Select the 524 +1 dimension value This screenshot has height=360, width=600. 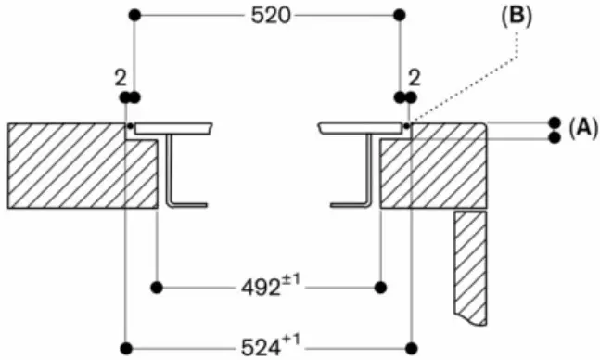pyautogui.click(x=269, y=348)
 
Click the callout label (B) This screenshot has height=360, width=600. pyautogui.click(x=516, y=17)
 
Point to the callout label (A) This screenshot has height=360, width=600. pyautogui.click(x=582, y=129)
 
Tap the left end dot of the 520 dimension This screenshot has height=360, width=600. pyautogui.click(x=134, y=16)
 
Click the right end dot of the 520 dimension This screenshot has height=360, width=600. pyautogui.click(x=399, y=16)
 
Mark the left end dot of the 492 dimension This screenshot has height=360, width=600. pyautogui.click(x=158, y=285)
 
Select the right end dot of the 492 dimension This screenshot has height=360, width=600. pyautogui.click(x=378, y=285)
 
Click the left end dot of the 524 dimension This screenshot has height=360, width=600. pyautogui.click(x=124, y=349)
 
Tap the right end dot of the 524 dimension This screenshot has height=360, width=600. pyautogui.click(x=409, y=349)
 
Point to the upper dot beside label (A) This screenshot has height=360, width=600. pyautogui.click(x=555, y=122)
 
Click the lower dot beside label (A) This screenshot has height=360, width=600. pyautogui.click(x=555, y=137)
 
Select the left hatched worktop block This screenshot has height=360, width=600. pyautogui.click(x=74, y=167)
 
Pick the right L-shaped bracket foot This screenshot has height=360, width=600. pyautogui.click(x=351, y=203)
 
